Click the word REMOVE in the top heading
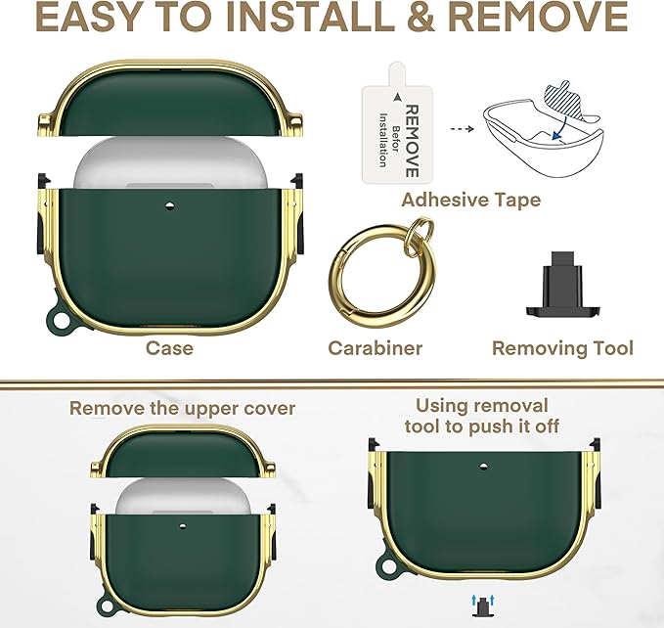(x=538, y=17)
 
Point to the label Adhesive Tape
(x=471, y=200)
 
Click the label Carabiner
(x=376, y=348)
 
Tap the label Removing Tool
(x=562, y=348)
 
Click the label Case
(x=169, y=348)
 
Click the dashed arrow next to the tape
(x=462, y=129)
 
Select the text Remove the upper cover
(x=182, y=408)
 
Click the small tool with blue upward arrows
(x=482, y=606)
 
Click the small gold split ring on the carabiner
(x=418, y=234)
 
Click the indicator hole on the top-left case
(x=169, y=206)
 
